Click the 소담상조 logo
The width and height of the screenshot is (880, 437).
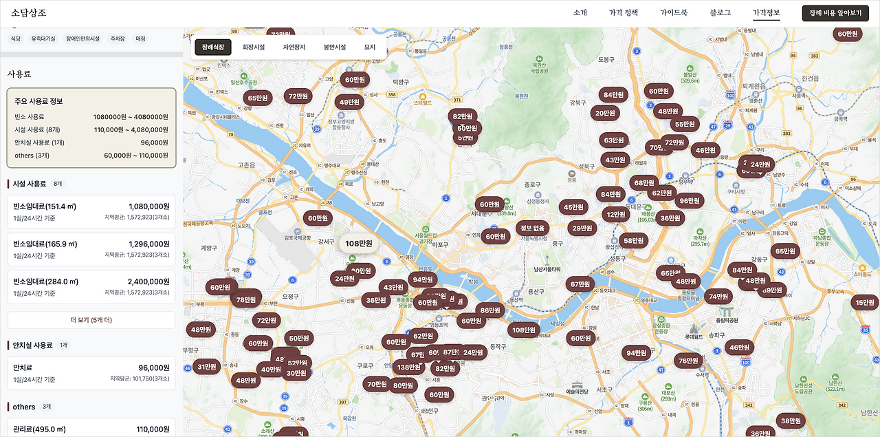click(29, 13)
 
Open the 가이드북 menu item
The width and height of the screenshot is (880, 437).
click(674, 13)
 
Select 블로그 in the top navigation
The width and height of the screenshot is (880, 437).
click(720, 13)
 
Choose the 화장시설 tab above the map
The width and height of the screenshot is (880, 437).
click(254, 47)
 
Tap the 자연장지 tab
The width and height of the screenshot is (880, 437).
click(294, 47)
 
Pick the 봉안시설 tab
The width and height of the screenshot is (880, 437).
click(335, 47)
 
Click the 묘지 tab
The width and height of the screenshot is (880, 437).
click(370, 47)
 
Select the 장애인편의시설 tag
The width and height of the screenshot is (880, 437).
click(83, 39)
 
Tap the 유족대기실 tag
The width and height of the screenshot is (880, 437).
click(43, 39)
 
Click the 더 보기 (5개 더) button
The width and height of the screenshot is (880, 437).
click(91, 320)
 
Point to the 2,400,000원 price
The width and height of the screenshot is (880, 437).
click(148, 281)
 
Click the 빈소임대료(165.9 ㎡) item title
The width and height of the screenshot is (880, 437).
click(45, 244)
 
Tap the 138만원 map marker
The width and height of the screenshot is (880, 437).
click(409, 367)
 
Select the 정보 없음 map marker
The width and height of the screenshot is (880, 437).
click(532, 228)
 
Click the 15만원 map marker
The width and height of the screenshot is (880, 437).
click(864, 302)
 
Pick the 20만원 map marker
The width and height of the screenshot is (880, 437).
click(606, 113)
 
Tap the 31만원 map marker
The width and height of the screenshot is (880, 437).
click(207, 367)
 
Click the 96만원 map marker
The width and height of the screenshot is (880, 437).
click(689, 201)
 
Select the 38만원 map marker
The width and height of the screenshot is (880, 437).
click(791, 420)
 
